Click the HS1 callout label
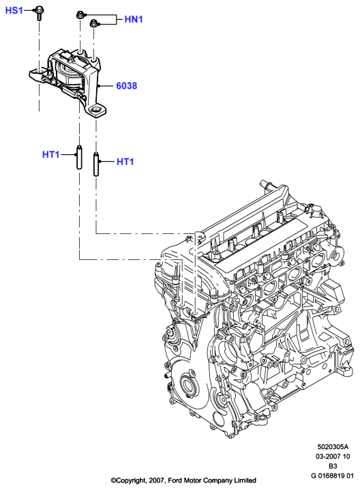(14, 10)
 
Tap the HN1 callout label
(134, 19)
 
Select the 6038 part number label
(126, 85)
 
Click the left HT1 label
(50, 154)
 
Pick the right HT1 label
(125, 162)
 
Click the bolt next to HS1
(39, 13)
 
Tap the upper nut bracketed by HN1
(80, 15)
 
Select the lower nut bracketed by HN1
(93, 23)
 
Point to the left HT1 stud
(79, 158)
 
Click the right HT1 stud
(96, 164)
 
